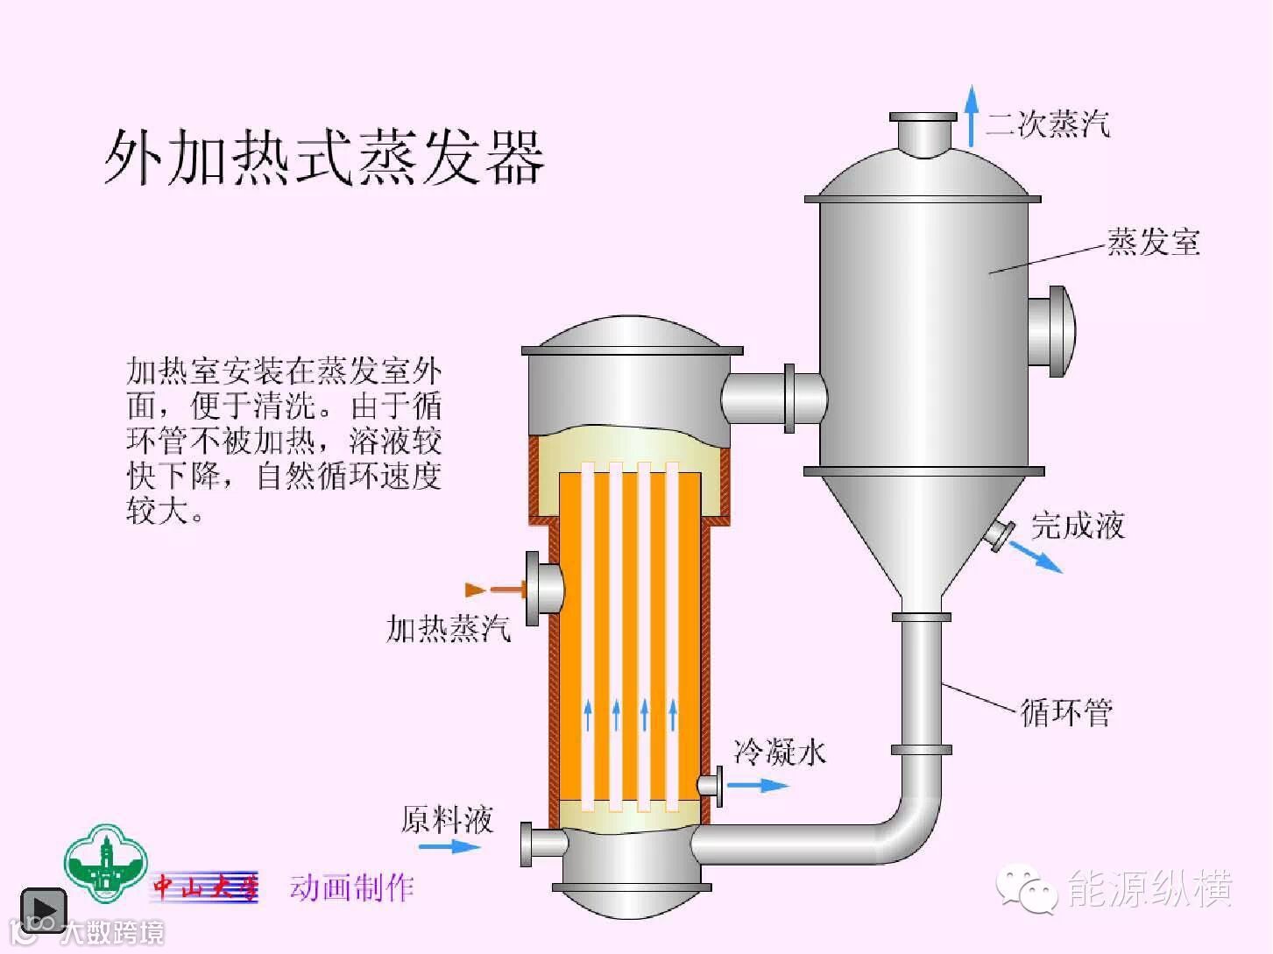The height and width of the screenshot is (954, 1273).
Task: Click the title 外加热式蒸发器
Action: coord(324,158)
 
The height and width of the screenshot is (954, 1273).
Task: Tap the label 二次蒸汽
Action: coord(1048,124)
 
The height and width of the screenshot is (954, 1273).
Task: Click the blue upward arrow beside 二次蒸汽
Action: coord(971,116)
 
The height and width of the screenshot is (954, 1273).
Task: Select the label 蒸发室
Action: coord(1153,242)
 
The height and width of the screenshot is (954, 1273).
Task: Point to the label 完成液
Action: coord(1078,526)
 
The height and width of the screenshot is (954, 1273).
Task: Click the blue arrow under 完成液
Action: coord(1036,557)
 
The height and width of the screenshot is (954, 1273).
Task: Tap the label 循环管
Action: coord(1066,713)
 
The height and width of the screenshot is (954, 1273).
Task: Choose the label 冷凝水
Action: coord(780,752)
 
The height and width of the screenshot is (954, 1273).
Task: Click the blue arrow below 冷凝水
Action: coord(758,785)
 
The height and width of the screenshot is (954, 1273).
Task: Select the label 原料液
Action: coord(447,820)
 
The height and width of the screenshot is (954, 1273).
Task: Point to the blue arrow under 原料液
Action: coord(449,846)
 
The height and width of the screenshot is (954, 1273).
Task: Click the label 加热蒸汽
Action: coord(448,629)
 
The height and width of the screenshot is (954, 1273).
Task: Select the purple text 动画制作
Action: coord(351,887)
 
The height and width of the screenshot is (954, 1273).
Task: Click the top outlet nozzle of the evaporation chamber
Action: coord(923,134)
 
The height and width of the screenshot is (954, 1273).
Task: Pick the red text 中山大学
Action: coord(206,887)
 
